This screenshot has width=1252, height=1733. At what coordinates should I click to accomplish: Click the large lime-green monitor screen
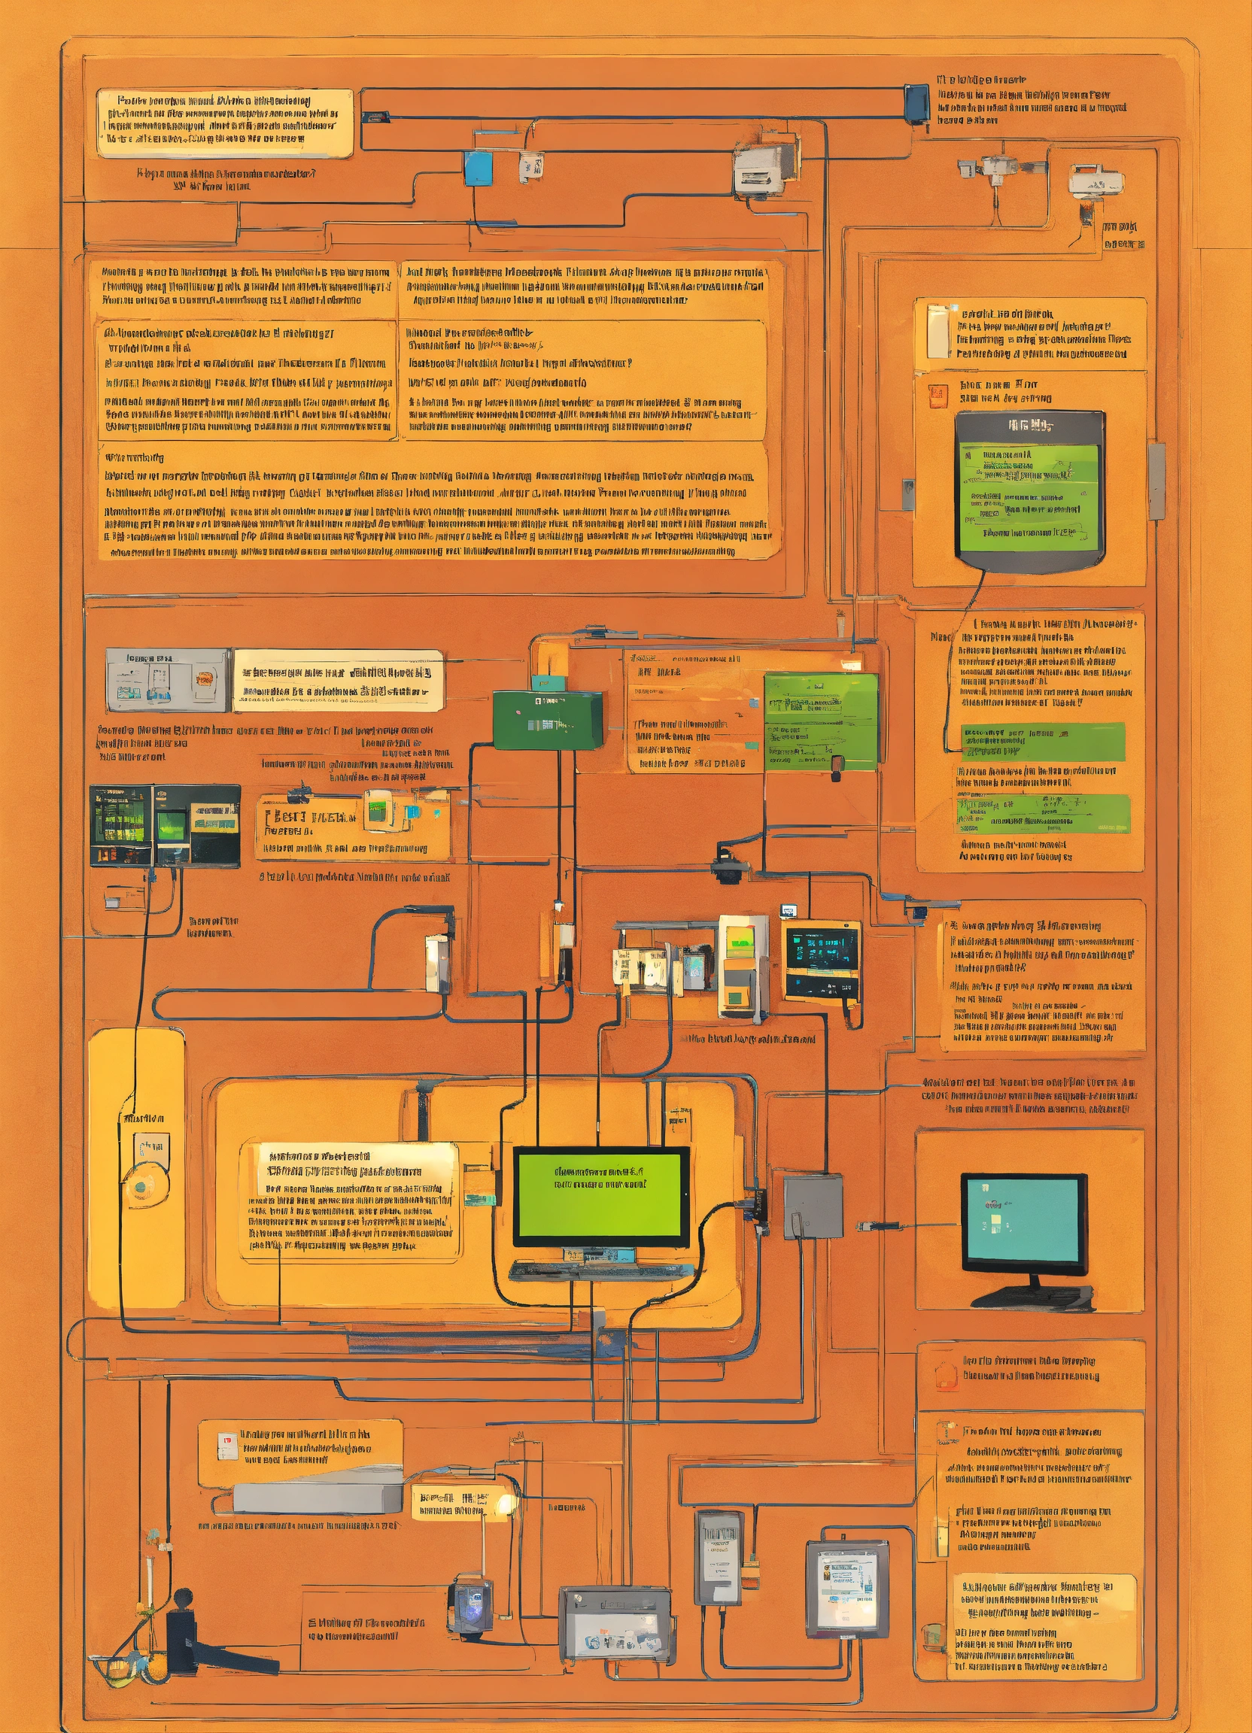click(600, 1194)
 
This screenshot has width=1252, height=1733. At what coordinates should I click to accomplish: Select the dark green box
click(547, 719)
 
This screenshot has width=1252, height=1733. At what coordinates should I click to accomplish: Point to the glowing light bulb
click(505, 1504)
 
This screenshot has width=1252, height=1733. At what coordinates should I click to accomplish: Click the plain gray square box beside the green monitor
click(813, 1206)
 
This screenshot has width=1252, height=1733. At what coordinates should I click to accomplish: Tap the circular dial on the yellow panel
click(140, 1187)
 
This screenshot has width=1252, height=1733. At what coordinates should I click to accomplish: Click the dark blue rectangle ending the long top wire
click(916, 103)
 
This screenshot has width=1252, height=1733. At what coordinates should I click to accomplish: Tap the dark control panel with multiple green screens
click(164, 825)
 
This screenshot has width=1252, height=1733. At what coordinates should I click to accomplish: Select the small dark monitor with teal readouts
click(822, 960)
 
